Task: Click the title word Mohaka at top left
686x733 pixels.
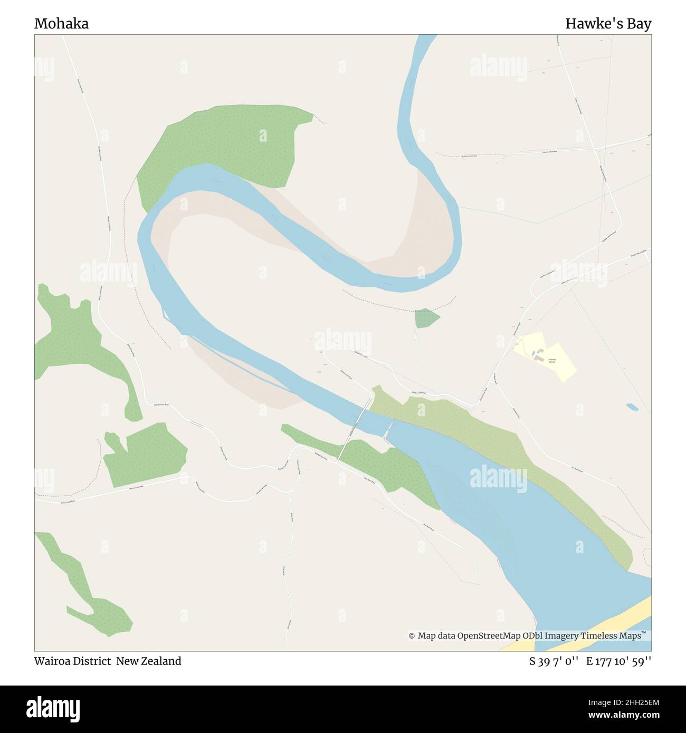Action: click(x=61, y=24)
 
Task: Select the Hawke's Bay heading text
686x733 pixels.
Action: click(x=608, y=24)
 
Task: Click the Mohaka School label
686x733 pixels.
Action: click(x=551, y=361)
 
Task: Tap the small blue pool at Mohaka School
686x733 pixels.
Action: click(x=533, y=352)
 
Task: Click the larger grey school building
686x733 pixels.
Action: click(x=540, y=358)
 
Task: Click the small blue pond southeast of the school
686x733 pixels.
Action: click(x=632, y=407)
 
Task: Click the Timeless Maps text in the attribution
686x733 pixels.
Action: click(x=611, y=636)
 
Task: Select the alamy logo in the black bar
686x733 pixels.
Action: click(x=53, y=708)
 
